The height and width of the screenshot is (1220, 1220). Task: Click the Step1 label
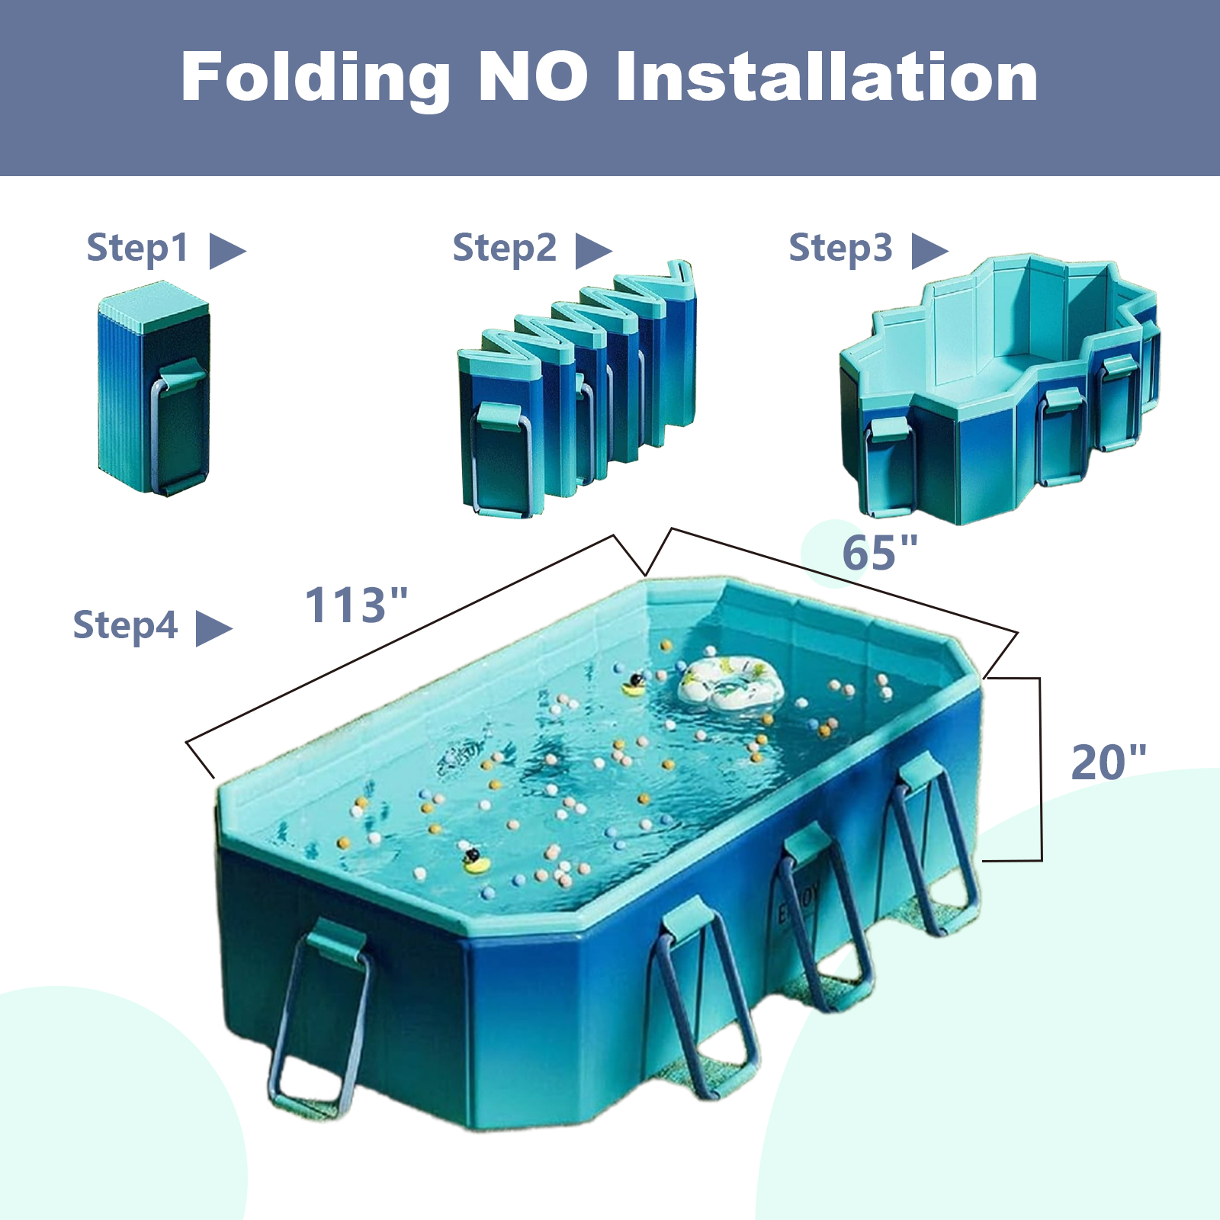137,249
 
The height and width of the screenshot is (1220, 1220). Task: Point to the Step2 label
504,249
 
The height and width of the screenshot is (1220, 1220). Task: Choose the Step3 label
840,249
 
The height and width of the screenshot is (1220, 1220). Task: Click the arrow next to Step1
228,251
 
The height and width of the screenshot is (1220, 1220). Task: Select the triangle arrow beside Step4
214,628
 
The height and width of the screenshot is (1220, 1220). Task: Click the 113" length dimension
356,605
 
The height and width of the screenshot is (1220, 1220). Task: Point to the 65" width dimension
879,552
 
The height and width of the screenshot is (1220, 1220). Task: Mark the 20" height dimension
1109,762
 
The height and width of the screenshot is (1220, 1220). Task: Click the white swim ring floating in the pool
730,683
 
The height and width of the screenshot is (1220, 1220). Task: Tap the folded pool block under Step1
153,389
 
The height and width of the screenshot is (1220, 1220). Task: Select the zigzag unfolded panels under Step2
576,389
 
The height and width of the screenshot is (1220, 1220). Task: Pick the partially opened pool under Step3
999,389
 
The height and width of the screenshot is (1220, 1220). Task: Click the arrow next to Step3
930,251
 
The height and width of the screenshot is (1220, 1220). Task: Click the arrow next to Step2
594,251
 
